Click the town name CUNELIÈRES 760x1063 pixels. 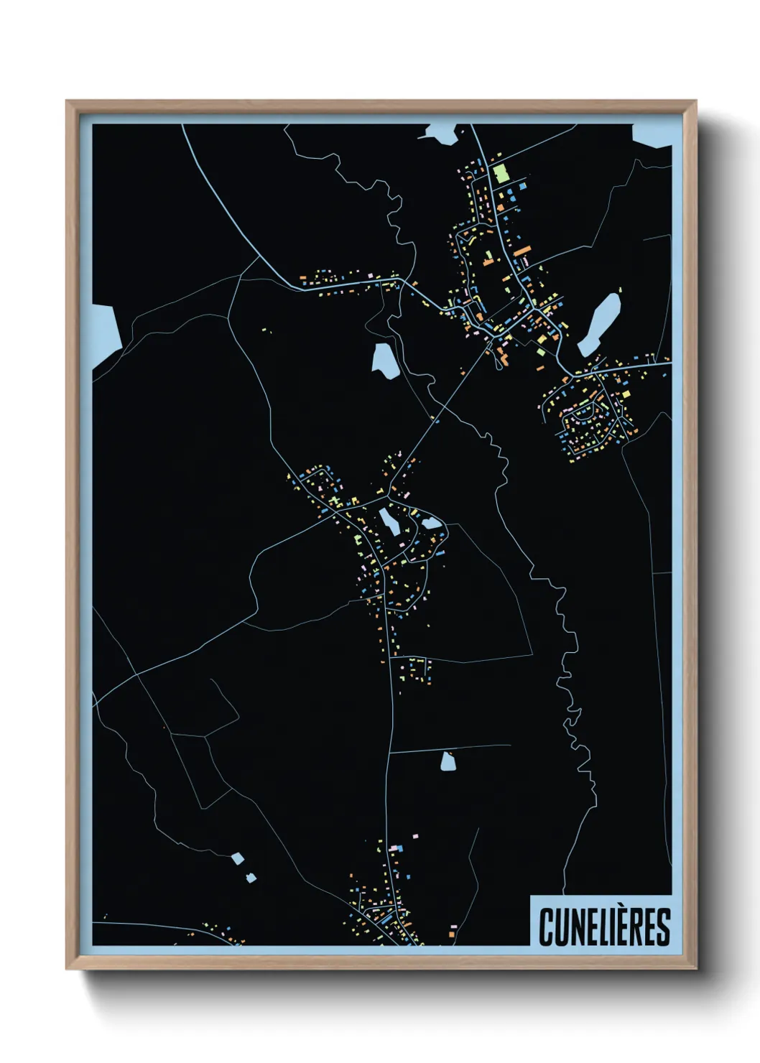coord(604,927)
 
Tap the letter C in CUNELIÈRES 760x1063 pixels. coord(546,927)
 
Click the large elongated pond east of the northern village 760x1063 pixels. coord(599,324)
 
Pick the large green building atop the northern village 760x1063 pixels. coord(500,173)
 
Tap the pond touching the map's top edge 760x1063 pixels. coord(440,133)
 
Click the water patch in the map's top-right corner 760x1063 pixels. coord(652,135)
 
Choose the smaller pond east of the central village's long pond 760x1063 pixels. coord(430,523)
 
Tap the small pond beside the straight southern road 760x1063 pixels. coord(448,761)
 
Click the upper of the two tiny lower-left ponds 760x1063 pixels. coord(237,858)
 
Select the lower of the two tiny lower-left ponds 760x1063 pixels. coord(250,878)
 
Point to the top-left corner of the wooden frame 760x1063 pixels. coord(68,102)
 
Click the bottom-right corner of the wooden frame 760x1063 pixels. coord(695,967)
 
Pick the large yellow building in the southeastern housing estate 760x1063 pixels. coord(624,394)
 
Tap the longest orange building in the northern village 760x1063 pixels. coord(522,251)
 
